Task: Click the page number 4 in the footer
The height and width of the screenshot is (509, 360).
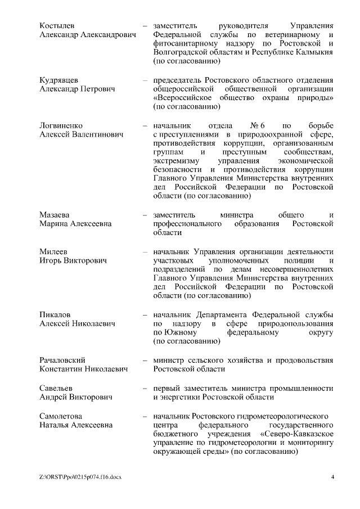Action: pos(332,478)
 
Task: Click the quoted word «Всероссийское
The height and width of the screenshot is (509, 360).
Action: pos(181,98)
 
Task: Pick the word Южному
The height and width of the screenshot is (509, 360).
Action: pos(182,332)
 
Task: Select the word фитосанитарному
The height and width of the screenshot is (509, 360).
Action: pos(183,44)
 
